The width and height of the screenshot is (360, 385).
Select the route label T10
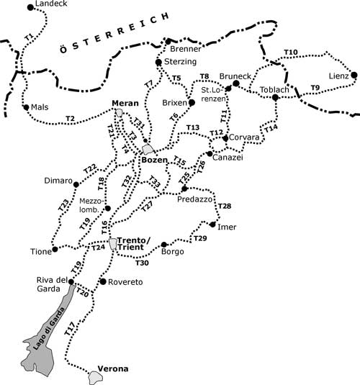(x=290, y=53)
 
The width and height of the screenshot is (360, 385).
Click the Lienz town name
(x=338, y=76)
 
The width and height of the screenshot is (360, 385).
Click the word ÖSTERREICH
(x=113, y=33)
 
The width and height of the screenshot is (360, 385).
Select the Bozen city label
(x=154, y=159)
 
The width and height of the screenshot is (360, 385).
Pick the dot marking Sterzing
(x=158, y=63)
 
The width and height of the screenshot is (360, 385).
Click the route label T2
(x=70, y=117)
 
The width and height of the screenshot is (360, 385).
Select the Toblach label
(x=274, y=89)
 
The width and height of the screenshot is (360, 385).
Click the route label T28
(x=224, y=207)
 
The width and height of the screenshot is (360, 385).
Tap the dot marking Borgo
(x=164, y=244)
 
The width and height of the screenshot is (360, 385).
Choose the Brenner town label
(x=186, y=49)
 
